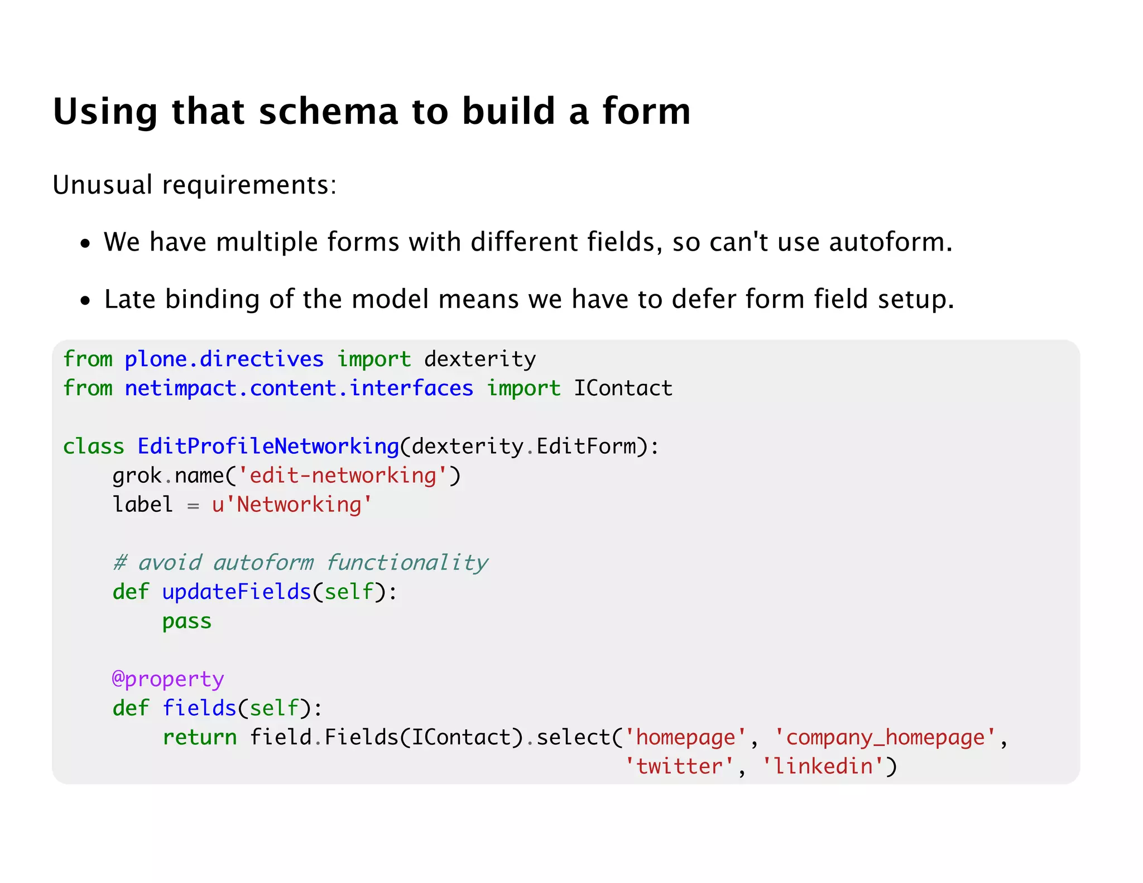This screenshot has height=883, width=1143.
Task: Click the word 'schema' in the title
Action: coord(328,111)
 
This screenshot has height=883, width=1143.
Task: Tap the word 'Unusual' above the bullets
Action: coord(102,184)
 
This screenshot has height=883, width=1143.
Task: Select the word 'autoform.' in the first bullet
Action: coord(890,242)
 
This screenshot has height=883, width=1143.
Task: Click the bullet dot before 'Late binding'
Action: coord(85,301)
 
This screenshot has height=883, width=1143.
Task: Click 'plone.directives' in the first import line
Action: coord(224,359)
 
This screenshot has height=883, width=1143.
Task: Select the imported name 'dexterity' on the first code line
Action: coord(480,359)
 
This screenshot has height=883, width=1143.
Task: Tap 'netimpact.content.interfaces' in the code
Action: coord(299,388)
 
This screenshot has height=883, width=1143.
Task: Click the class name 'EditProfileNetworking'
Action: coord(268,446)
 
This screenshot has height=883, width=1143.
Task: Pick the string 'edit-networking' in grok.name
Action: coord(342,476)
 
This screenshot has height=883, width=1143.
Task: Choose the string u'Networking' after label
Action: coord(292,505)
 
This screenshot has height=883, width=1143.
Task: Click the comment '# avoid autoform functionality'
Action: coord(300,563)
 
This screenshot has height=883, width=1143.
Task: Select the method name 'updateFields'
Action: coord(237,592)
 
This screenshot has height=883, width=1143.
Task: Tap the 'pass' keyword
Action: coord(187,621)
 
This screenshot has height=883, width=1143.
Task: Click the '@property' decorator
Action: coord(168,679)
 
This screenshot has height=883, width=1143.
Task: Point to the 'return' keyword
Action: coord(200,737)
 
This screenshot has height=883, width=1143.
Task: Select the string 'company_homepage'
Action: coord(885,737)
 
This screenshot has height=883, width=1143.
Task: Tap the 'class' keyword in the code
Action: coord(93,446)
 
